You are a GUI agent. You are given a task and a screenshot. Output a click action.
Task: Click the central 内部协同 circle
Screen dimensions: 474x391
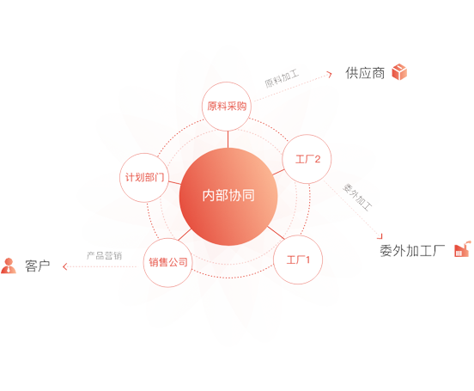pos(228,196)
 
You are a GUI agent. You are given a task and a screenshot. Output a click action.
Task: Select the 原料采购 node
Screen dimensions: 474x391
pos(227,107)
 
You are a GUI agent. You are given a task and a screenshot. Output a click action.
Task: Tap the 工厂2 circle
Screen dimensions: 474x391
pos(307,159)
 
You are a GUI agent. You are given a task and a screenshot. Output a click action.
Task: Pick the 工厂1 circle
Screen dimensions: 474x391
pos(298,260)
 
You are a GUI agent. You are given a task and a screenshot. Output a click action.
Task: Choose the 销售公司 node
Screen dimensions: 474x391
pos(167,262)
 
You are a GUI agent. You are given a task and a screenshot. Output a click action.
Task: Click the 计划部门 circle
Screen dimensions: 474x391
pos(144,177)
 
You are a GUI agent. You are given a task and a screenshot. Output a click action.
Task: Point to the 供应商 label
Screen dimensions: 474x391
pos(365,73)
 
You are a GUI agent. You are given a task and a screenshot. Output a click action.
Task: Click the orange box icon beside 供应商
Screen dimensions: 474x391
pos(399,72)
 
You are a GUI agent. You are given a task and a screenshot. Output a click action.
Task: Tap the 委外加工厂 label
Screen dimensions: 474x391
pos(412,251)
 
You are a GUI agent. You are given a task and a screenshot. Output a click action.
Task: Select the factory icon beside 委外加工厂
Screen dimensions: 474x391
pos(463,249)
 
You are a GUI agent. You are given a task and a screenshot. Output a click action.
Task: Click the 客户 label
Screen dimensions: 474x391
pos(38,266)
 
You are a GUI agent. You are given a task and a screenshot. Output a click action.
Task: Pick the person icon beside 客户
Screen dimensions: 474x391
pos(9,266)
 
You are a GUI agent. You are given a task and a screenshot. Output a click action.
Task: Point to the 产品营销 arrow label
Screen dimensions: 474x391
pos(104,256)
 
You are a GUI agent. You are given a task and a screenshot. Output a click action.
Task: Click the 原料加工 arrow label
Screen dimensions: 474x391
pos(282,78)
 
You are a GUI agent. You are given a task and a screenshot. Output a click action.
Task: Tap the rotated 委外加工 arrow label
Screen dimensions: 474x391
pos(357,197)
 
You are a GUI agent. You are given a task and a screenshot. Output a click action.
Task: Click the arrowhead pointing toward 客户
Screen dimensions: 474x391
pos(64,266)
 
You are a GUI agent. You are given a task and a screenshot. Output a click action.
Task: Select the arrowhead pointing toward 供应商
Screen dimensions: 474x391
pos(330,74)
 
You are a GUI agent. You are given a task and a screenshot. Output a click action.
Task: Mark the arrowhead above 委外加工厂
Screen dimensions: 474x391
pos(380,236)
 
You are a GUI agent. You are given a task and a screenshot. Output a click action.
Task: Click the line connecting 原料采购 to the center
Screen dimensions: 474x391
pos(228,139)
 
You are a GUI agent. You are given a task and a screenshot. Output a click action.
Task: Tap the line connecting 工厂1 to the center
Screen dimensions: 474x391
pos(276,232)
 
